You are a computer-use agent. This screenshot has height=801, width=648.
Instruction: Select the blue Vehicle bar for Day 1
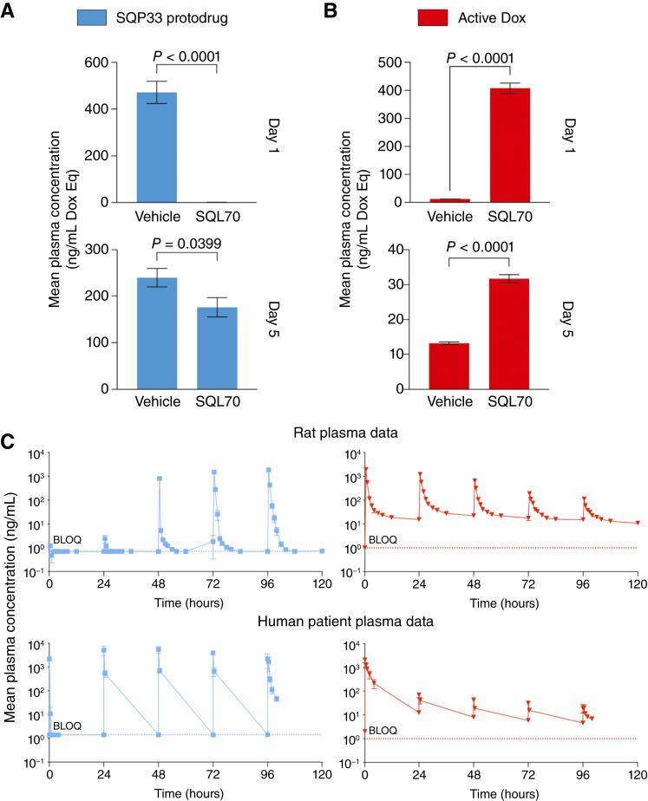point(156,147)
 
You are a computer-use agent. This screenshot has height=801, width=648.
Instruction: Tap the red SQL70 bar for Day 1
point(509,145)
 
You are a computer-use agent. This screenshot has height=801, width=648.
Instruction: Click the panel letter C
point(9,441)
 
